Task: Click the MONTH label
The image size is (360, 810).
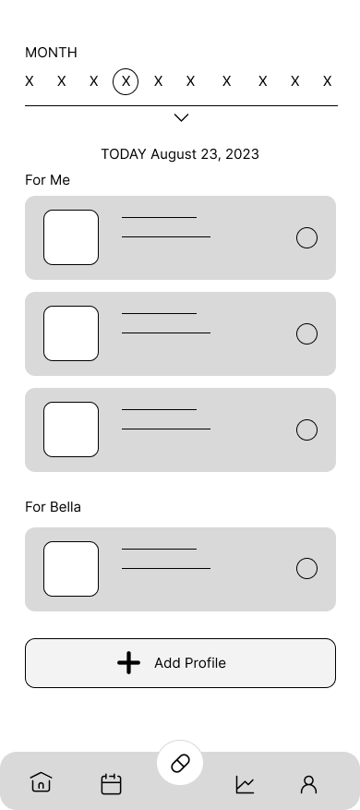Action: point(51,53)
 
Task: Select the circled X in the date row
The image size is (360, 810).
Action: point(126,81)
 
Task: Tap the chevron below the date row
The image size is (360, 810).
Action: point(181,117)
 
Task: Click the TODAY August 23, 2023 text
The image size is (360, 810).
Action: point(180,154)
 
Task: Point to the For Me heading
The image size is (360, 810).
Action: point(47,179)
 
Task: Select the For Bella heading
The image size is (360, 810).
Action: point(54,506)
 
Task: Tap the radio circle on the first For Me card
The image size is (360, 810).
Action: point(306,238)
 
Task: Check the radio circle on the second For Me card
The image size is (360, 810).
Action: point(306,334)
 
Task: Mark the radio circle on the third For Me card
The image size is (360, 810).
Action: point(306,430)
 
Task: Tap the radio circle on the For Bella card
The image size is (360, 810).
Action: point(306,569)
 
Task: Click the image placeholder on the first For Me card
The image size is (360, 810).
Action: point(71,237)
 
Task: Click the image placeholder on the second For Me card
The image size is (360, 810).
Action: point(71,333)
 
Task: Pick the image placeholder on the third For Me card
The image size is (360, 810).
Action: point(71,429)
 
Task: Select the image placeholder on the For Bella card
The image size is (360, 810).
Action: point(71,569)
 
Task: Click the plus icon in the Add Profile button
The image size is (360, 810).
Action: point(129,663)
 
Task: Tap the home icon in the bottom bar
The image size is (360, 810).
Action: point(41,783)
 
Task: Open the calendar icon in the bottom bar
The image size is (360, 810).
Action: point(111,784)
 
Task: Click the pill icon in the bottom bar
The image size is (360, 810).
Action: point(180,764)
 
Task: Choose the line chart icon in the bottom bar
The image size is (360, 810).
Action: point(245,784)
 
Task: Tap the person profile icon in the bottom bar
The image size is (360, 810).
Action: point(308,784)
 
